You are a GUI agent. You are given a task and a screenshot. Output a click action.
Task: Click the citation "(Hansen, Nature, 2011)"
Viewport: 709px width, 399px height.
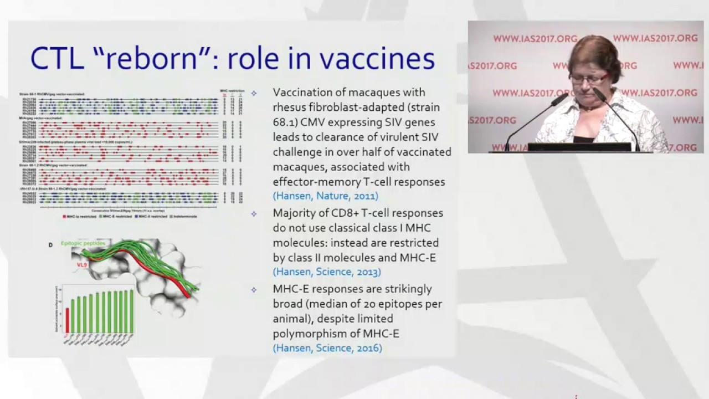[326, 196]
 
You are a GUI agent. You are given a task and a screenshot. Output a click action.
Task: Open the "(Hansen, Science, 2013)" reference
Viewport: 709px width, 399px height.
[327, 272]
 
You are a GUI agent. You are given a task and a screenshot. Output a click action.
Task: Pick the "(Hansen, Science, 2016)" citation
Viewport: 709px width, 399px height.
[327, 348]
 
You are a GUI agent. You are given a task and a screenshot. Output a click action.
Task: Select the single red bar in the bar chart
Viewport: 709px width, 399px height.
[68, 320]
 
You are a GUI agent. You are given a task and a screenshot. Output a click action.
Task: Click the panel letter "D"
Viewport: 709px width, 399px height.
[51, 244]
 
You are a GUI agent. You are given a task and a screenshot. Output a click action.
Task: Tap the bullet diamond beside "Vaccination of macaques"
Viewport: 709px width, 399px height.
[254, 93]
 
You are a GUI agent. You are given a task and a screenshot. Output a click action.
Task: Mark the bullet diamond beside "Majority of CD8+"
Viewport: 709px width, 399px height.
[254, 213]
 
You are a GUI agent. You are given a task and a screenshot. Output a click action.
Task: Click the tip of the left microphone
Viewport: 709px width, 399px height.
[566, 96]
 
